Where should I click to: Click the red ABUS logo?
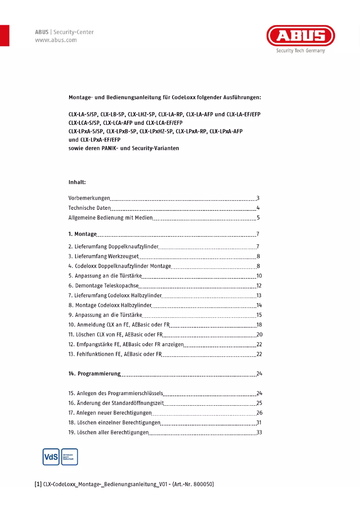pos(301,36)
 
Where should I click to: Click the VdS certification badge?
pos(50,457)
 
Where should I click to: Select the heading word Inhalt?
pos(77,183)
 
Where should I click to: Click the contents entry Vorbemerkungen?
pos(89,198)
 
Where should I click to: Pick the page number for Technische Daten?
pos(258,208)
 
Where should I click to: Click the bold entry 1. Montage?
pos(83,234)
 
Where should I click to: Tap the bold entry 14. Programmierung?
pos(94,373)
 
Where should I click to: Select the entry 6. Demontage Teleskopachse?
pos(103,285)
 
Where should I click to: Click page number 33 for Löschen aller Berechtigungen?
pos(259,433)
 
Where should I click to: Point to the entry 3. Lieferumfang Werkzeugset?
pos(103,256)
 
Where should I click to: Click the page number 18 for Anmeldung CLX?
pos(259,325)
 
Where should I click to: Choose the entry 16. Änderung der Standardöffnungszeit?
pos(115,403)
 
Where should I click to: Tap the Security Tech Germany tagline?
pos(300,51)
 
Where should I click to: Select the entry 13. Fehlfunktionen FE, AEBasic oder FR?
pos(114,355)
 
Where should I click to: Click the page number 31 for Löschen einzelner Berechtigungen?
pos(259,423)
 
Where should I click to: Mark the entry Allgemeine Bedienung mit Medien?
pos(110,218)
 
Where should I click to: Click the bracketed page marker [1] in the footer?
pos(38,485)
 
